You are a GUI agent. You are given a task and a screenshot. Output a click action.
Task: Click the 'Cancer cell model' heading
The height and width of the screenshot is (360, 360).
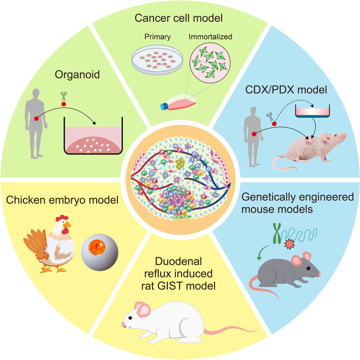point(180,19)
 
